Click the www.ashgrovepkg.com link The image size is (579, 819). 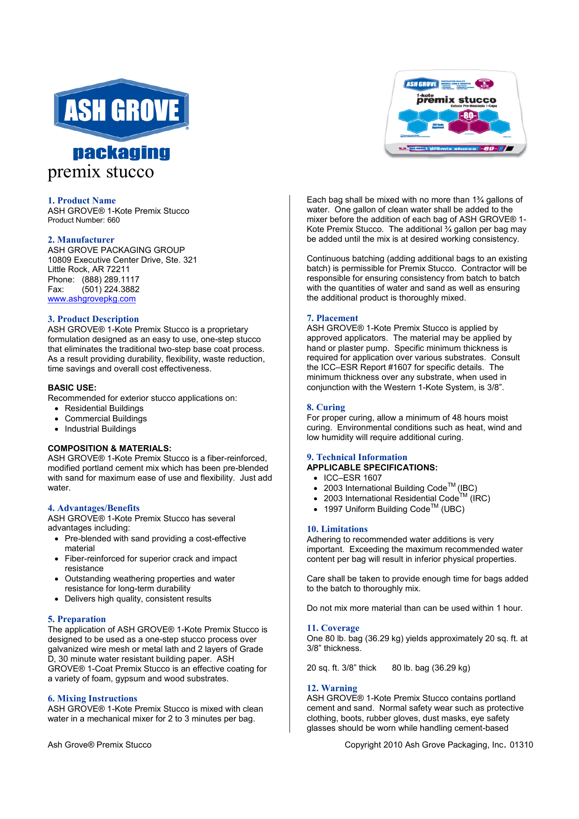point(92,299)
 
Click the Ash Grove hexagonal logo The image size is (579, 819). point(121,110)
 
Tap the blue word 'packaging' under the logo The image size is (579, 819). point(121,153)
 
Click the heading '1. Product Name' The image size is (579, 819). point(82,201)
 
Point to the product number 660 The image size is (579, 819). point(113,220)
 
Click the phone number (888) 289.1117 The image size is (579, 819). point(110,280)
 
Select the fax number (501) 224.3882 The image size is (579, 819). point(110,289)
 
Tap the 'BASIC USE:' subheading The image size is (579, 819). point(72,388)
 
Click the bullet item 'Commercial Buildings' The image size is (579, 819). point(106,419)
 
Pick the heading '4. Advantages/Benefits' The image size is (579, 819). point(93,508)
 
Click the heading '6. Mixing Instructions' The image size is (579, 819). point(92,699)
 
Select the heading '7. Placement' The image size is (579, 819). point(332,318)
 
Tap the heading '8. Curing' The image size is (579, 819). point(326,407)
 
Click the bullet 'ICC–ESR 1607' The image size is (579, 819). point(353,478)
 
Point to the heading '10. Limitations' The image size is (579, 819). point(337,529)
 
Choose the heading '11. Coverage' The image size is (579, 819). point(333,628)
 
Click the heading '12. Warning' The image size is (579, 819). point(332,688)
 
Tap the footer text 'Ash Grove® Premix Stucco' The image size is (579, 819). point(99,745)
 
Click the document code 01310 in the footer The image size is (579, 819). point(521,745)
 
